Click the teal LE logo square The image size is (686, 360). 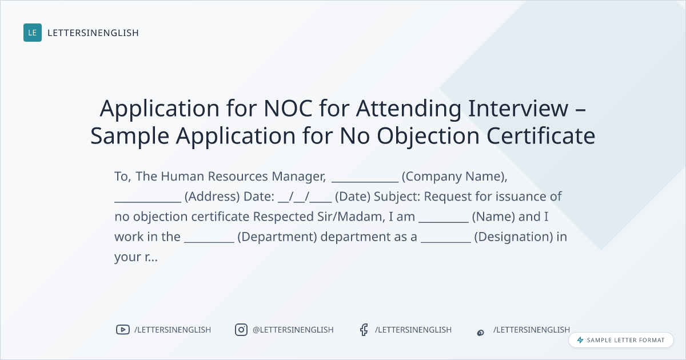33,33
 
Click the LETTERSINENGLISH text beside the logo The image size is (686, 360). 93,33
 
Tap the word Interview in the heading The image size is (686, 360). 518,108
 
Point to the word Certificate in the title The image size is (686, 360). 541,135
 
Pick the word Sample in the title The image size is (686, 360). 130,137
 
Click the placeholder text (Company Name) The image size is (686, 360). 453,177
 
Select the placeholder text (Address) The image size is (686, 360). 212,197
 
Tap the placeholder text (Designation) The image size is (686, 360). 513,237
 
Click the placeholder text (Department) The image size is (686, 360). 277,237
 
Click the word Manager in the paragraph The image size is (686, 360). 298,177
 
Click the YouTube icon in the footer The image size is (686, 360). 123,330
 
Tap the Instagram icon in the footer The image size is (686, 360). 241,330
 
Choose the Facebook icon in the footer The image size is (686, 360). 364,330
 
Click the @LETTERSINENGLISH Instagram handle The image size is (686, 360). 293,330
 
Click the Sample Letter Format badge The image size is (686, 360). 621,340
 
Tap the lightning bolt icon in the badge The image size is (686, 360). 580,340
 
